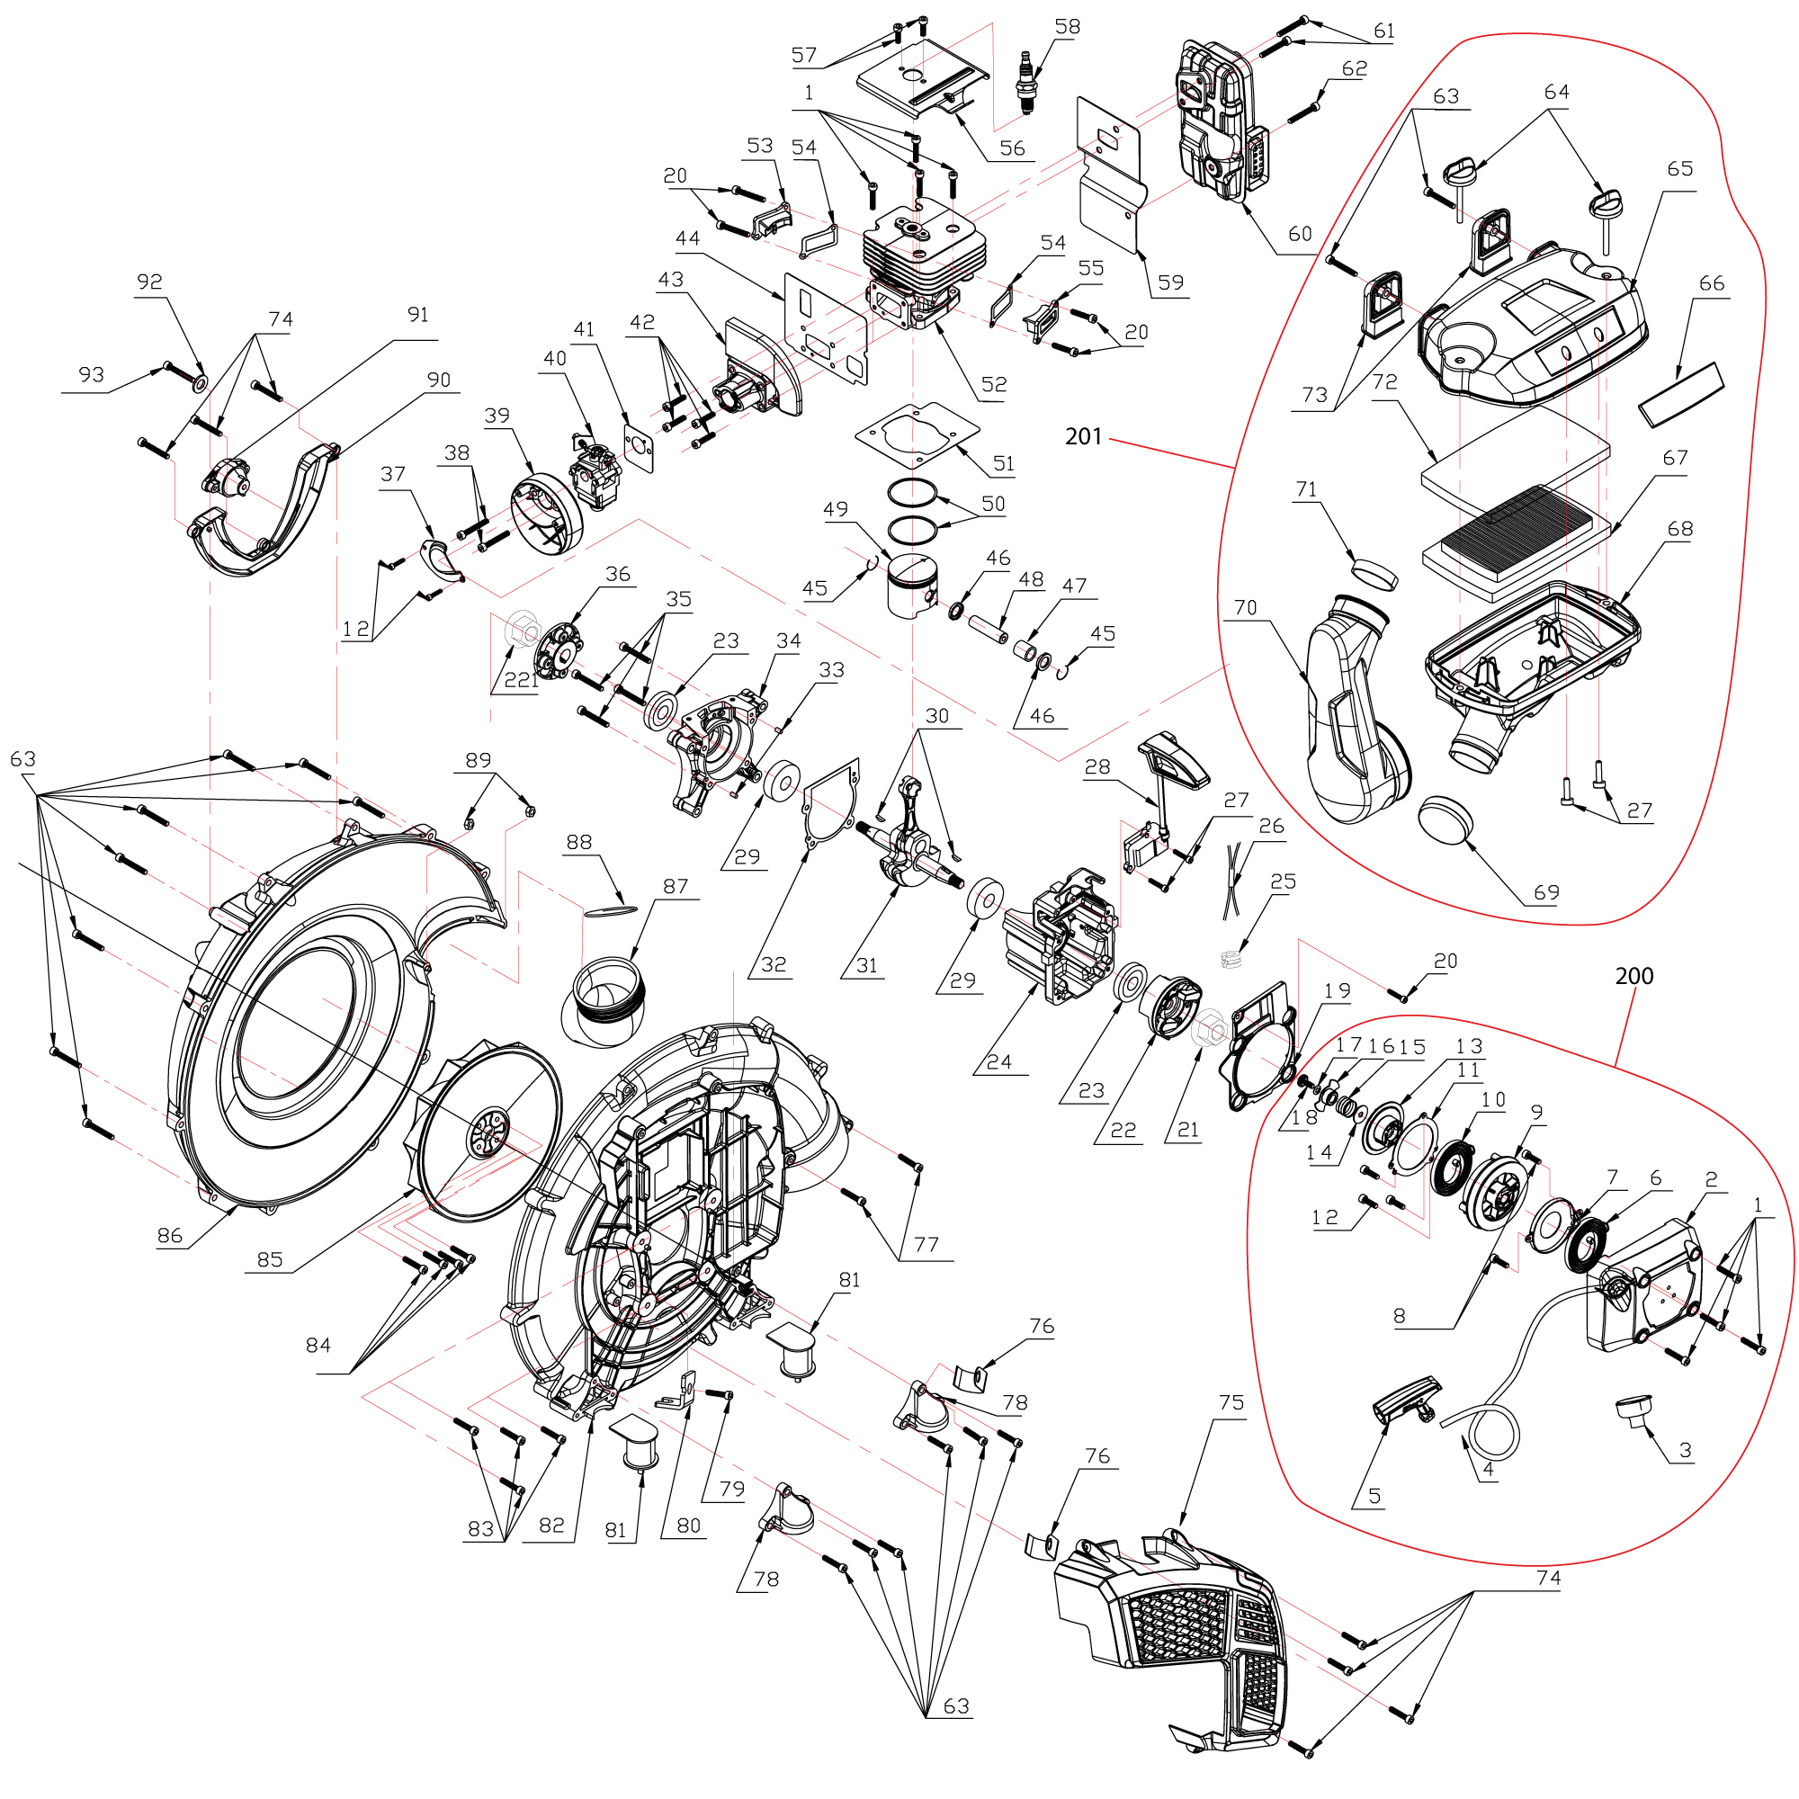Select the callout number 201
pyautogui.click(x=1083, y=437)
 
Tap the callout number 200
pyautogui.click(x=1634, y=976)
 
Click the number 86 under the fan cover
pyautogui.click(x=169, y=1236)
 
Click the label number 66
pyautogui.click(x=1712, y=283)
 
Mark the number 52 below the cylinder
pyautogui.click(x=994, y=385)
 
